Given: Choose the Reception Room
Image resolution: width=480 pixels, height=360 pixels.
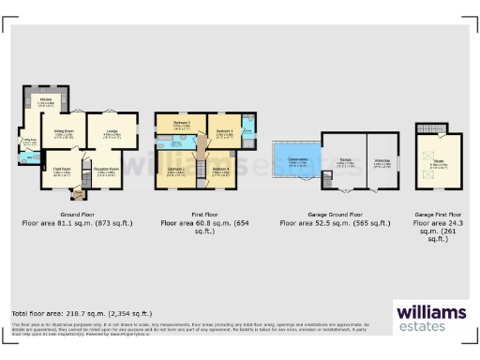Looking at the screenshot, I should [104, 172].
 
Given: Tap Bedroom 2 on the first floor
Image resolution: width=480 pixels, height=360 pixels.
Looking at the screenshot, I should [175, 171].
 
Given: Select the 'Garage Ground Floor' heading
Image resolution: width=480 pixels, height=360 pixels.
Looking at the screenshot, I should [336, 215].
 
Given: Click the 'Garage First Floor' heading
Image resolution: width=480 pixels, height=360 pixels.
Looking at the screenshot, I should [438, 215].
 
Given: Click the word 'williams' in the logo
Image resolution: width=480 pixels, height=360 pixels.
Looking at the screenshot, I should [431, 311].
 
